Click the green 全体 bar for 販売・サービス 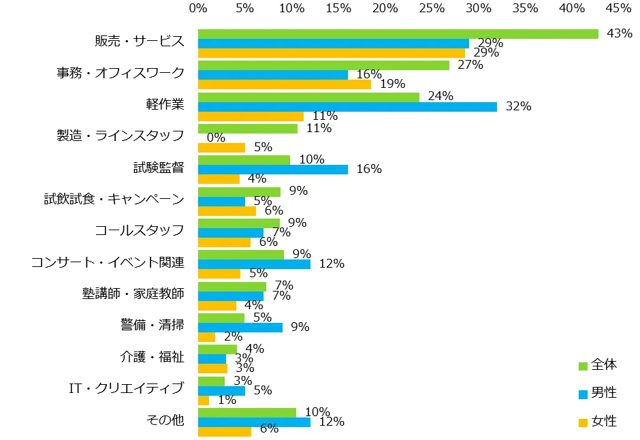point(398,34)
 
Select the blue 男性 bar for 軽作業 point(347,107)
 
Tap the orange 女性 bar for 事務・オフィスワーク point(285,84)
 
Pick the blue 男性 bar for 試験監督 point(272,170)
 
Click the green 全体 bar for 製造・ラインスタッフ point(248,128)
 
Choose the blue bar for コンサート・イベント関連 point(254,264)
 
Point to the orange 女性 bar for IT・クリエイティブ point(204,400)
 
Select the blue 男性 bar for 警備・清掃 point(240,328)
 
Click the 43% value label point(620,33)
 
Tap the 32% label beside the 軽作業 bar point(518,106)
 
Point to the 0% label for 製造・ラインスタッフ point(216,138)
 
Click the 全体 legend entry point(598,365)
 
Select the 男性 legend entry point(598,393)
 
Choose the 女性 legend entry point(598,422)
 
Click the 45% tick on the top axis point(618,8)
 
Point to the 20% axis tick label point(385,8)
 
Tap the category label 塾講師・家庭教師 point(133,294)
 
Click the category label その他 point(165,420)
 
